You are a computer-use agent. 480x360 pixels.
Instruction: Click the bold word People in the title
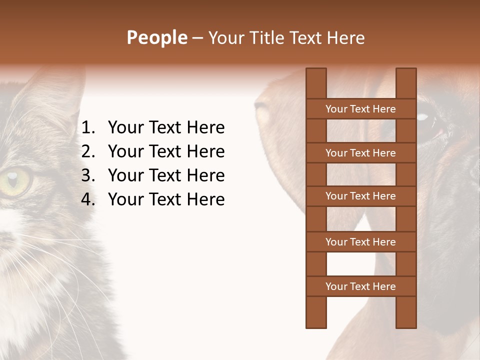coord(156,37)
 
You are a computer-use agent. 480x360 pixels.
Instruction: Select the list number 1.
coord(87,127)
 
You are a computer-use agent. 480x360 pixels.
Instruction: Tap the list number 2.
coord(87,151)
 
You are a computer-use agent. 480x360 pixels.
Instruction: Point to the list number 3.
coord(87,175)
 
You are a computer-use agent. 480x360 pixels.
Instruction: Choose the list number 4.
coord(87,199)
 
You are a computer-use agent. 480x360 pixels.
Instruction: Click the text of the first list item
coord(166,127)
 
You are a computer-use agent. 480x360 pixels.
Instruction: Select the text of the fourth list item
coord(166,199)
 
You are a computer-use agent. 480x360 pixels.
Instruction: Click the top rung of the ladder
coord(360,108)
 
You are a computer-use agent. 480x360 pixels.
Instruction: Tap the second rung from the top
coord(360,152)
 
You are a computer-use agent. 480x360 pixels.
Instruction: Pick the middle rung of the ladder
coord(360,196)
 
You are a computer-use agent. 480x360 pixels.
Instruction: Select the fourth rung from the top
coord(360,241)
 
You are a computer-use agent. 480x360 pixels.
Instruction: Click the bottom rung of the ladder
coord(360,286)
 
